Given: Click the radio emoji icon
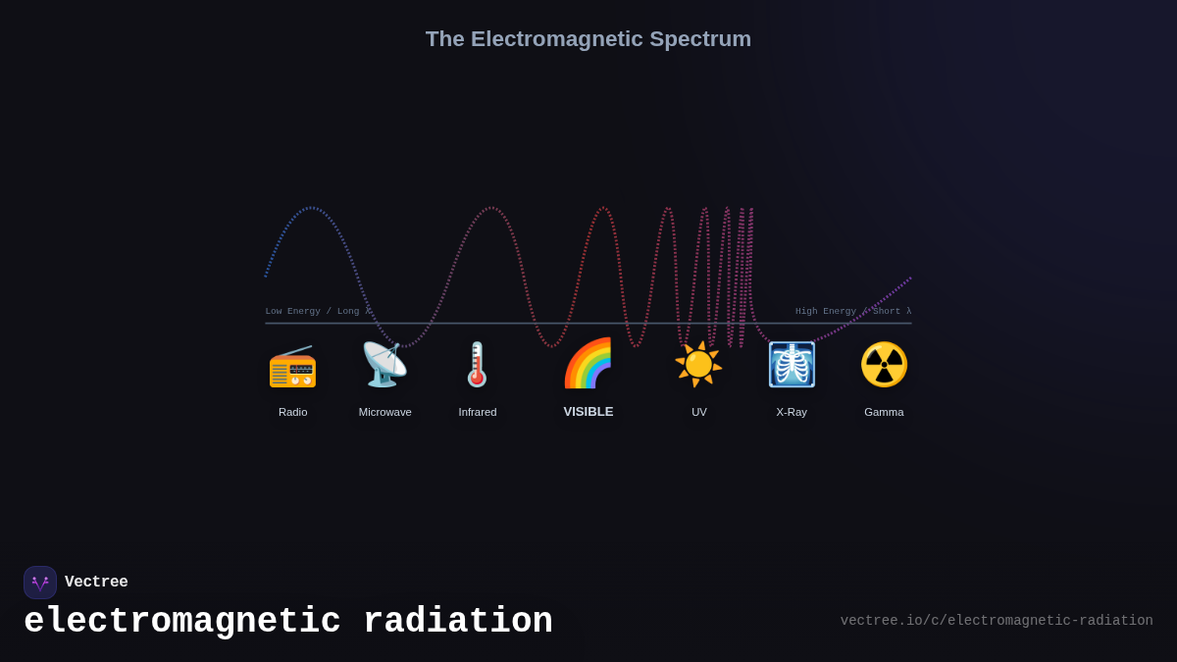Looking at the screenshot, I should tap(292, 366).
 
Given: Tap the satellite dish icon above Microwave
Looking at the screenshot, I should tap(384, 365).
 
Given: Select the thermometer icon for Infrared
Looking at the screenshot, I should tap(478, 365).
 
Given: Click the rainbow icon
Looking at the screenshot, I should tap(588, 364).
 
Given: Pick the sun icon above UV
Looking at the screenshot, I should tap(698, 365).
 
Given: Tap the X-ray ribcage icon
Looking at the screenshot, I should tap(792, 365).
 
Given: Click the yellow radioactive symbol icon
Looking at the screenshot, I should tap(884, 365).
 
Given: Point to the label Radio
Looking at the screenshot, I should tap(292, 412).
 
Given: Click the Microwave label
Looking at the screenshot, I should tap(384, 412).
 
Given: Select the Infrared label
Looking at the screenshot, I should tap(478, 412).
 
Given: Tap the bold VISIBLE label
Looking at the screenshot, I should tap(588, 412).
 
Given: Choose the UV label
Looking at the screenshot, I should tap(698, 412).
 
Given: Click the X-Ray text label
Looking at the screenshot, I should tap(792, 412).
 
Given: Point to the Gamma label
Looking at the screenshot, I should tap(884, 412).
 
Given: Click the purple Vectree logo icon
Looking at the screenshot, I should tap(40, 583).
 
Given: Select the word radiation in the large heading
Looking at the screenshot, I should tap(457, 622).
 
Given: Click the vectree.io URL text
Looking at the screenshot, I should tap(997, 621).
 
